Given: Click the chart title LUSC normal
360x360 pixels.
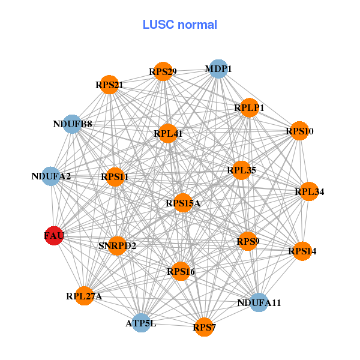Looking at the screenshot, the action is point(180,25).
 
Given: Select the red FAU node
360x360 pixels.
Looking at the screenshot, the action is point(54,236).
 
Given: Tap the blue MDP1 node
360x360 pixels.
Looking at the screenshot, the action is point(218,69).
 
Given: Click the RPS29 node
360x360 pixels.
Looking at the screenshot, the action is point(163,72).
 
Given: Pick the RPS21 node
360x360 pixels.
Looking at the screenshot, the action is point(109,85).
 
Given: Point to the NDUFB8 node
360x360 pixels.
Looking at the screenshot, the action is point(73,124).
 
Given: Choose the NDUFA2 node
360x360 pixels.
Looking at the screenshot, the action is point(52,176).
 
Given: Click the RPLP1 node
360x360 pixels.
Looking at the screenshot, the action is point(249,107).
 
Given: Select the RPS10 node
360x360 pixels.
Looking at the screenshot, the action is point(299,131).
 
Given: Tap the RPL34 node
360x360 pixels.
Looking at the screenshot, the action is point(309,192).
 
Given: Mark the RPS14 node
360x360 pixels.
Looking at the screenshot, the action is point(302,251).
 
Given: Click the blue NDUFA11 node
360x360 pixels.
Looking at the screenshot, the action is point(259,302).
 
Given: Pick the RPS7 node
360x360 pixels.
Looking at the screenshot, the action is point(204,327).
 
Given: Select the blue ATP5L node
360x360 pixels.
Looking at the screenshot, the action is point(141,323).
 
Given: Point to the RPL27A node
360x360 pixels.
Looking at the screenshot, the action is point(85,296).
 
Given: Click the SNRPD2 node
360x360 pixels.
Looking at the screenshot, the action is point(118,245).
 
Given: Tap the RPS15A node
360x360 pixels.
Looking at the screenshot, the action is point(183,203).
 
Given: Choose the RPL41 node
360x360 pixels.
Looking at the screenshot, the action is point(168,133).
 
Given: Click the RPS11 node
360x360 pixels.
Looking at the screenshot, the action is point(115,176).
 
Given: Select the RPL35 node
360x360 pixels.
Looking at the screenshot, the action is point(241,170).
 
